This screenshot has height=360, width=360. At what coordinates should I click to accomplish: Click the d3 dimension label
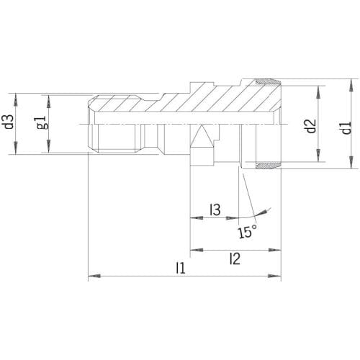coord(9,122)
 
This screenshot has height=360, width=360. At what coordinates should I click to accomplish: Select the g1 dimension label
coord(42,123)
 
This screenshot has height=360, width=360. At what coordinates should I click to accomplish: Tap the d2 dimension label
coord(312,126)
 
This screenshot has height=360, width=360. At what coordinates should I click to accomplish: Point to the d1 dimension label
coord(346,127)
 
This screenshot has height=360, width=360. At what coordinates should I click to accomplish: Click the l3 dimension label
coord(215,210)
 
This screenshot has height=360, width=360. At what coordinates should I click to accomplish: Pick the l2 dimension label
coord(235,258)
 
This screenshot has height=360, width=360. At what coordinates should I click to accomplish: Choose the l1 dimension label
coord(181,268)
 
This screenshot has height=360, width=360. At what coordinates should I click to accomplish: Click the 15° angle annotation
coord(247,232)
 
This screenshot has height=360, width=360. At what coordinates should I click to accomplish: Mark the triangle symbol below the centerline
coord(202,136)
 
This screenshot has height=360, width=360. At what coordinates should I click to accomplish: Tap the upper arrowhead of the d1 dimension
coord(351,85)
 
